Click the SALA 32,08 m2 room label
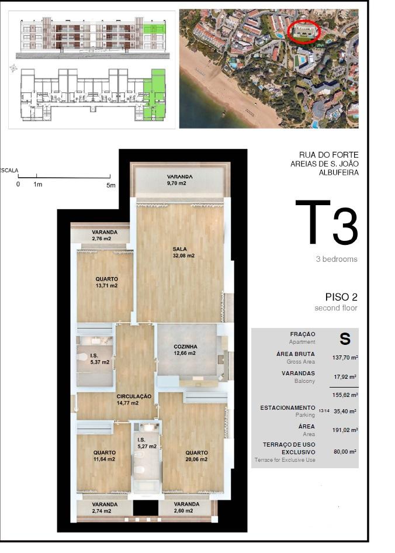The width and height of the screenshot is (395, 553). click(x=183, y=252)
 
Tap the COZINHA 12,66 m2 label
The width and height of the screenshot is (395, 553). click(x=185, y=350)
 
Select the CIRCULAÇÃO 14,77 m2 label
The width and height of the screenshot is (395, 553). click(x=134, y=400)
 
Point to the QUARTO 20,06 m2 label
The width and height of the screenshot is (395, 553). click(x=196, y=456)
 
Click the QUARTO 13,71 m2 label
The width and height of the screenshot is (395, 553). click(x=106, y=282)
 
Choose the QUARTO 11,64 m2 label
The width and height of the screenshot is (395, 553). click(x=105, y=456)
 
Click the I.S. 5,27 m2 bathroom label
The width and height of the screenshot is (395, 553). click(x=147, y=443)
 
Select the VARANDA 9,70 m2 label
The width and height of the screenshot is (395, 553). click(x=180, y=180)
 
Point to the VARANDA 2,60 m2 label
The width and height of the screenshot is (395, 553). click(x=186, y=507)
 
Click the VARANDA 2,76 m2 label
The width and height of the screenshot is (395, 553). click(x=105, y=236)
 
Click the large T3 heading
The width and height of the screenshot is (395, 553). click(x=327, y=223)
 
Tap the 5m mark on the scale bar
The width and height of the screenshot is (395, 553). click(x=111, y=185)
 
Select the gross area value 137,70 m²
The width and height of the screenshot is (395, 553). click(x=345, y=357)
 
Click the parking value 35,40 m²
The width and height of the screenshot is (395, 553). click(x=345, y=411)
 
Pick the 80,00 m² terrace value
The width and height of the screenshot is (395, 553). click(x=345, y=451)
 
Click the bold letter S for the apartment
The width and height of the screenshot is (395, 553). click(x=345, y=338)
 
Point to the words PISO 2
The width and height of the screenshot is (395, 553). click(x=341, y=297)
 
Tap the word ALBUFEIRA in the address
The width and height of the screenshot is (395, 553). click(x=338, y=172)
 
